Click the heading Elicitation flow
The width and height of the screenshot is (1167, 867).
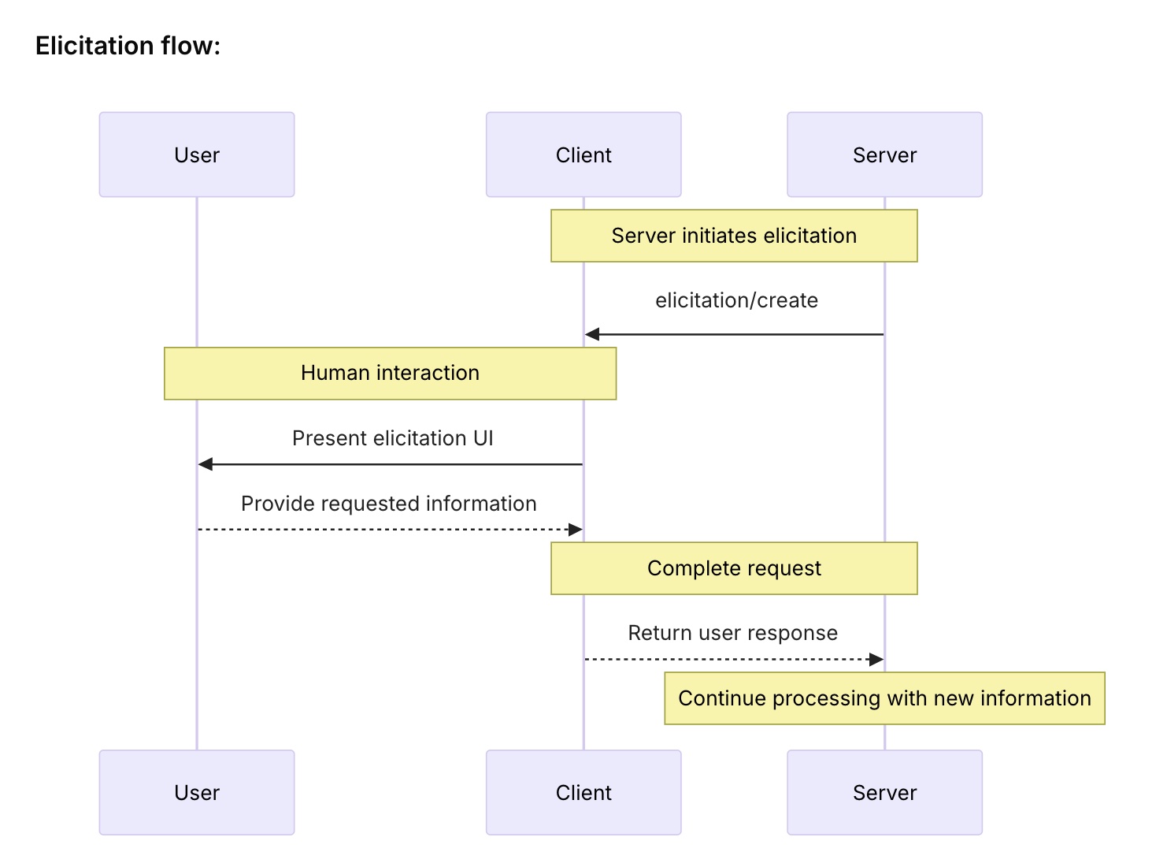[128, 46]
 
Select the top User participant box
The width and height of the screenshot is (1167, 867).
[197, 154]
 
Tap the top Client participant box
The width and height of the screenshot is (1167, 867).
[583, 154]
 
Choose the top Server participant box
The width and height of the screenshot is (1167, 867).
[884, 154]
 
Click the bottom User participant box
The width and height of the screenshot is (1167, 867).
[197, 792]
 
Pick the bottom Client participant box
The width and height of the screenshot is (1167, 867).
[583, 792]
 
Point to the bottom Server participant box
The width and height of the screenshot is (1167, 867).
[884, 792]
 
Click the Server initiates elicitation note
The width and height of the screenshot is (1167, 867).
[734, 236]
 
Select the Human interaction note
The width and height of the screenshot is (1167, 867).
[390, 373]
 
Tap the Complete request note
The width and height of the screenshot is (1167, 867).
[734, 568]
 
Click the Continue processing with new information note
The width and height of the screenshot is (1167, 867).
[884, 698]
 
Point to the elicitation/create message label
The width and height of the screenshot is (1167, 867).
[736, 300]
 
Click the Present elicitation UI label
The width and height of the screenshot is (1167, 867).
[392, 438]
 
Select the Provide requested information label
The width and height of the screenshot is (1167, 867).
[389, 504]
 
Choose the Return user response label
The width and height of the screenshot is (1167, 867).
[732, 633]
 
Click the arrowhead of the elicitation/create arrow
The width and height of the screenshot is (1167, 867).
[591, 334]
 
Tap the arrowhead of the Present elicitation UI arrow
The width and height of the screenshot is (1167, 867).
[206, 464]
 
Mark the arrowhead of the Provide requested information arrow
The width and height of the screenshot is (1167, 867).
[575, 530]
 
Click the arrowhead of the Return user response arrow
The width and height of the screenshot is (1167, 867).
[876, 659]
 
